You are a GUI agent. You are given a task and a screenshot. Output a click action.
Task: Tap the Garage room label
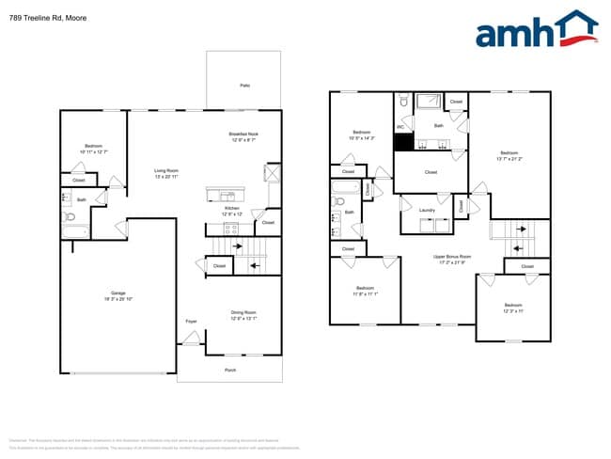pos(118,293)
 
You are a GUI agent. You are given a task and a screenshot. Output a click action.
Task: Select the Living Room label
pos(166,171)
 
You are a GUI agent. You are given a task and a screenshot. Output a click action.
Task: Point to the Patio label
pos(244,86)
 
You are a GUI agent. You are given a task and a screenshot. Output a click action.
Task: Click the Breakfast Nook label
pos(243,135)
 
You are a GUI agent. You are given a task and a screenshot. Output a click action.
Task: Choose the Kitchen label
pos(231,210)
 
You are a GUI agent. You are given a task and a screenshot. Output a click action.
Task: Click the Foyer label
pos(190,322)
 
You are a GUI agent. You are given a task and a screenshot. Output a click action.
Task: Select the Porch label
pos(229,370)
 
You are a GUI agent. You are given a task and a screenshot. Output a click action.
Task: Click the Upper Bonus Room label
pos(452,256)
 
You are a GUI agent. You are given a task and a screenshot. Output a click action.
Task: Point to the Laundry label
pos(427,210)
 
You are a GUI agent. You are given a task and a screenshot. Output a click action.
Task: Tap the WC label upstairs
pos(400,126)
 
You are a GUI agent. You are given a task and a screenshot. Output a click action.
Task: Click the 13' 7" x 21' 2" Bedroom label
pos(509,152)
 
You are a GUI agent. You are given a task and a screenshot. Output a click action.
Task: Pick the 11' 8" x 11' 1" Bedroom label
pos(365,288)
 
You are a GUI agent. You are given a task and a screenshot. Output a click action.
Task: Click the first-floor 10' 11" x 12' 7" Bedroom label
pos(93,146)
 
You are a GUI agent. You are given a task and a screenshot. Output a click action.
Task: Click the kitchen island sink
pos(228,196)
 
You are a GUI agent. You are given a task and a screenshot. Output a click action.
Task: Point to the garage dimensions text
pos(118,299)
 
